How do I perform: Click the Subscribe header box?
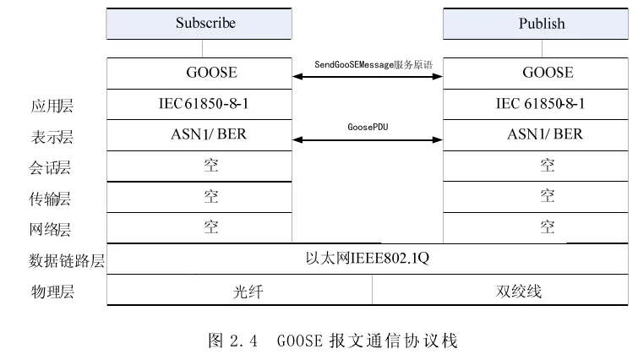tap(199, 24)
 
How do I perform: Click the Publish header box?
tap(536, 24)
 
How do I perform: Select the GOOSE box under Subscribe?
tap(199, 74)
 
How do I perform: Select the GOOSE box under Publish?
tap(536, 74)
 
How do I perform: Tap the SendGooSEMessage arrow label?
tap(374, 65)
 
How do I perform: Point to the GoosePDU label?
tap(368, 127)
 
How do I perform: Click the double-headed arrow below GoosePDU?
tap(368, 140)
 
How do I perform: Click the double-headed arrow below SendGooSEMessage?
tap(368, 76)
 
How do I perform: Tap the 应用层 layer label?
tap(52, 106)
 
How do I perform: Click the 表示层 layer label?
tap(52, 137)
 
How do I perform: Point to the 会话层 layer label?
tap(50, 167)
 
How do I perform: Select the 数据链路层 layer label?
tap(67, 260)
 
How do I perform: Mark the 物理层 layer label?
tap(52, 292)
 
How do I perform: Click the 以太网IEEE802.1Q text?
tap(368, 258)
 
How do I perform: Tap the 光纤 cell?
tap(240, 290)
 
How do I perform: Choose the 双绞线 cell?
tap(500, 290)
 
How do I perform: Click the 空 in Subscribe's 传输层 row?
tap(211, 196)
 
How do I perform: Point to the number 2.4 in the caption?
tap(243, 341)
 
